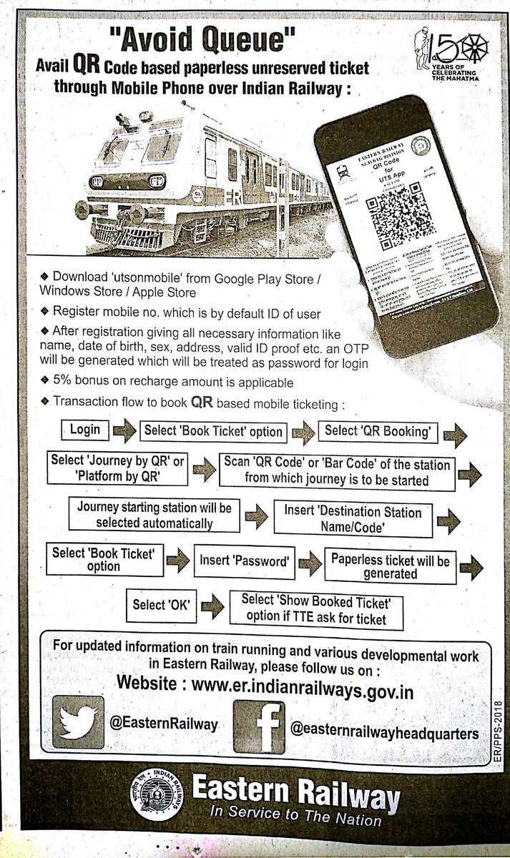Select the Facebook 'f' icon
[x=259, y=726]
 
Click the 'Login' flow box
[x=84, y=430]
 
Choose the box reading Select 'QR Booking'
[x=377, y=431]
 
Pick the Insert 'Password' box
[x=245, y=563]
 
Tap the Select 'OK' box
[x=160, y=605]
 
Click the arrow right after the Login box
[x=124, y=431]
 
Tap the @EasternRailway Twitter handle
[x=163, y=724]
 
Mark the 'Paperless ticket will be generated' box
[x=390, y=567]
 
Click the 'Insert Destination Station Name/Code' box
[x=353, y=520]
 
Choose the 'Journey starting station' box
[x=154, y=516]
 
